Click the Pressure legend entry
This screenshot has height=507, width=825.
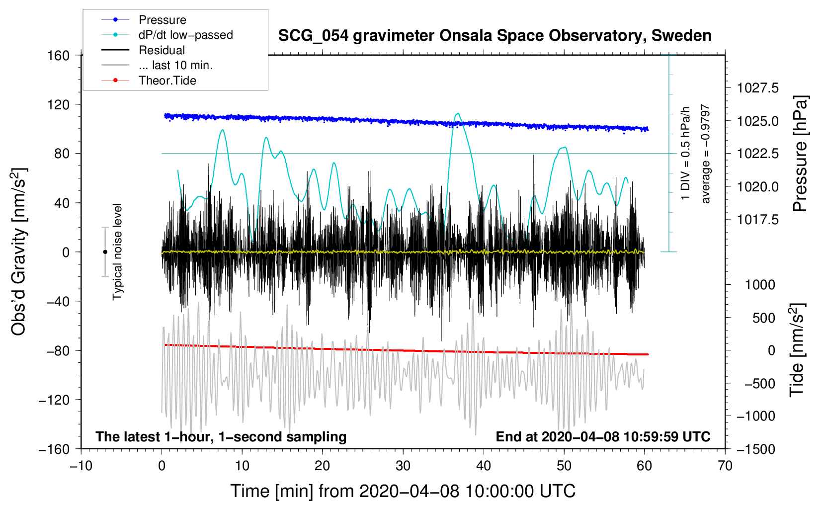pos(162,20)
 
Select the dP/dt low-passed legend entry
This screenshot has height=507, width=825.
pos(185,35)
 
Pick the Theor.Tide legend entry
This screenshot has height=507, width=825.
pos(167,81)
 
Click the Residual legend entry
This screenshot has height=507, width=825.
pos(162,50)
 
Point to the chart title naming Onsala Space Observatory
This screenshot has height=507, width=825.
pos(495,36)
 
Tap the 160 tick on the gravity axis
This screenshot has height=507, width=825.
pos(59,55)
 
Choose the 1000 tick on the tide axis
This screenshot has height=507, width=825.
pos(760,285)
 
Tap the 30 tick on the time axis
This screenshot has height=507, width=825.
pos(403,466)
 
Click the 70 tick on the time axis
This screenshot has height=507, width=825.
pos(725,466)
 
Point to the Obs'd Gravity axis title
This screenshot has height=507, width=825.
pos(19,252)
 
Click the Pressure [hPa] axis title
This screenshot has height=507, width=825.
pos(800,154)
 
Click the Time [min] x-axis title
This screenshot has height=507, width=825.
pos(403,491)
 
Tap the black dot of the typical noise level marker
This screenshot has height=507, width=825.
pos(105,252)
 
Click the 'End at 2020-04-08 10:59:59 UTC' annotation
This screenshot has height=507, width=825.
pos(603,437)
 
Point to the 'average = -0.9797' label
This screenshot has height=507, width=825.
pos(706,154)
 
